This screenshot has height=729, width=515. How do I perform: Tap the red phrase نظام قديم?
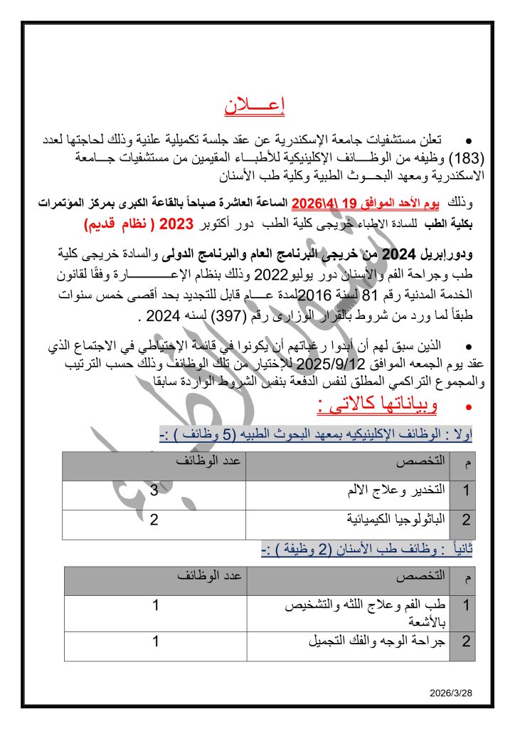click(x=117, y=224)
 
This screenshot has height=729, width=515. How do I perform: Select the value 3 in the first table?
click(x=154, y=491)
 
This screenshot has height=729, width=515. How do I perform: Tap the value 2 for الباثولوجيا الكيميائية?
click(x=154, y=519)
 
